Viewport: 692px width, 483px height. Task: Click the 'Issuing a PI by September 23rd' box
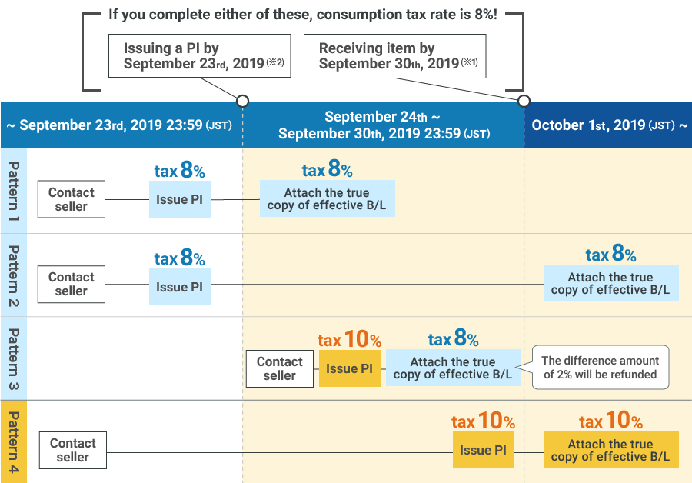(x=200, y=55)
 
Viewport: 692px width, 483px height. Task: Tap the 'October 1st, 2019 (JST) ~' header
(x=608, y=125)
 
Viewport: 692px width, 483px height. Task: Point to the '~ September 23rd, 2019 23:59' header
(x=121, y=125)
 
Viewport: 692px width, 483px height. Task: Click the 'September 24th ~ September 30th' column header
(x=383, y=125)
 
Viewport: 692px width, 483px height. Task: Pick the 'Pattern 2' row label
(x=14, y=275)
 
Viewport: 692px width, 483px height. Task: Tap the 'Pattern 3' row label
(x=14, y=359)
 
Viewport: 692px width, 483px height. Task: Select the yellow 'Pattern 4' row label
(x=14, y=441)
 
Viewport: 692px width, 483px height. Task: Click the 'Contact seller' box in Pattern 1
(x=71, y=199)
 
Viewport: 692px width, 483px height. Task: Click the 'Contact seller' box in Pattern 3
(x=279, y=368)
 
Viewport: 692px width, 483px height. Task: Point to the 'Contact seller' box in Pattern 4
(x=72, y=450)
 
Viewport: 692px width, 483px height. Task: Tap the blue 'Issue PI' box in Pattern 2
(x=179, y=287)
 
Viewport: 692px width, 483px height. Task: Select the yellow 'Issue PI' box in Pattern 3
(x=349, y=368)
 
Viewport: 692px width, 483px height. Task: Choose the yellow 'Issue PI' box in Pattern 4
(x=483, y=450)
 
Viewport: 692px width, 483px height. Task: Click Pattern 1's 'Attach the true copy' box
(x=327, y=198)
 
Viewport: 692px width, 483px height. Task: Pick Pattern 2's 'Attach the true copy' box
(x=610, y=283)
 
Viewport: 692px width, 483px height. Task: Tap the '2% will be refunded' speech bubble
(x=601, y=368)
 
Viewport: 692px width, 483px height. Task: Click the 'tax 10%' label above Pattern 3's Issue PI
(x=349, y=339)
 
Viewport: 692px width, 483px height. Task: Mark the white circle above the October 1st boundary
(x=524, y=101)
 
